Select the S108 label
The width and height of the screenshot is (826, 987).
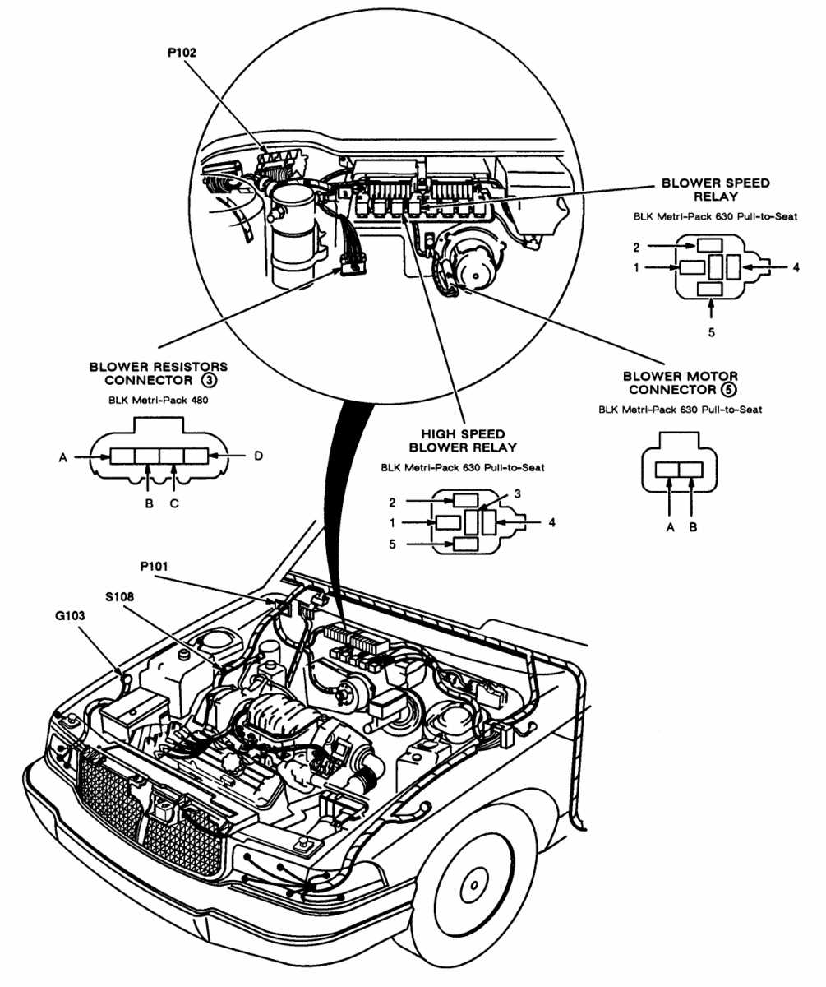122,595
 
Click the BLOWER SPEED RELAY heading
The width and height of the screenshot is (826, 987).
715,190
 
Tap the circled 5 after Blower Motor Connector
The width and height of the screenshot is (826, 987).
726,389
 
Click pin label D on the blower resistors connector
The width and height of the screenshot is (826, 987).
258,456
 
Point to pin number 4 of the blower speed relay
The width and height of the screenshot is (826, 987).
796,266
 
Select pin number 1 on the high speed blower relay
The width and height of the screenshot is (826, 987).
393,522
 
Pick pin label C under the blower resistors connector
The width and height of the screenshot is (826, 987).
174,503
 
